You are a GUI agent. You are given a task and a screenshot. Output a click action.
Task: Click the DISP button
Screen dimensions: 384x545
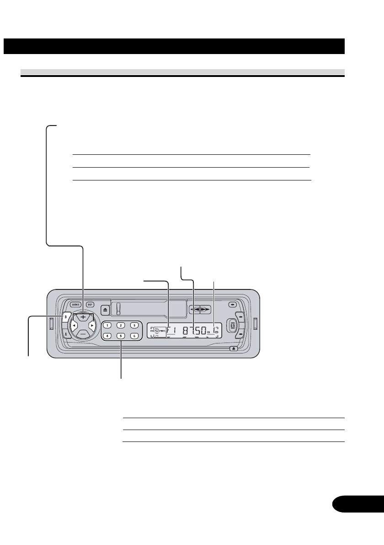tap(90, 305)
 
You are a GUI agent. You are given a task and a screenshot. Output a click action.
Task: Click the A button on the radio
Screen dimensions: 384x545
tap(66, 334)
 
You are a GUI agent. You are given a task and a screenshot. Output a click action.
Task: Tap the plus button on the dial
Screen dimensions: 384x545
tap(83, 317)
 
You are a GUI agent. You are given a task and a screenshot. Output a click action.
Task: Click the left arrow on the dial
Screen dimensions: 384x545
tap(73, 325)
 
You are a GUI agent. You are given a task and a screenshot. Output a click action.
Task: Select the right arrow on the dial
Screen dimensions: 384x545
tap(92, 325)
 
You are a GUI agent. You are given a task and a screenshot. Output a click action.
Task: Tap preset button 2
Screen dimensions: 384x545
tap(121, 325)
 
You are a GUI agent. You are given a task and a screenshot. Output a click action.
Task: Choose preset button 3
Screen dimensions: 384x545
tap(134, 325)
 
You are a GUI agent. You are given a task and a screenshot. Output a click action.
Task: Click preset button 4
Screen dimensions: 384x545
tap(107, 336)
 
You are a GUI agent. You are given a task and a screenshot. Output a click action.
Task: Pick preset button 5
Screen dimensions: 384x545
tap(121, 336)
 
